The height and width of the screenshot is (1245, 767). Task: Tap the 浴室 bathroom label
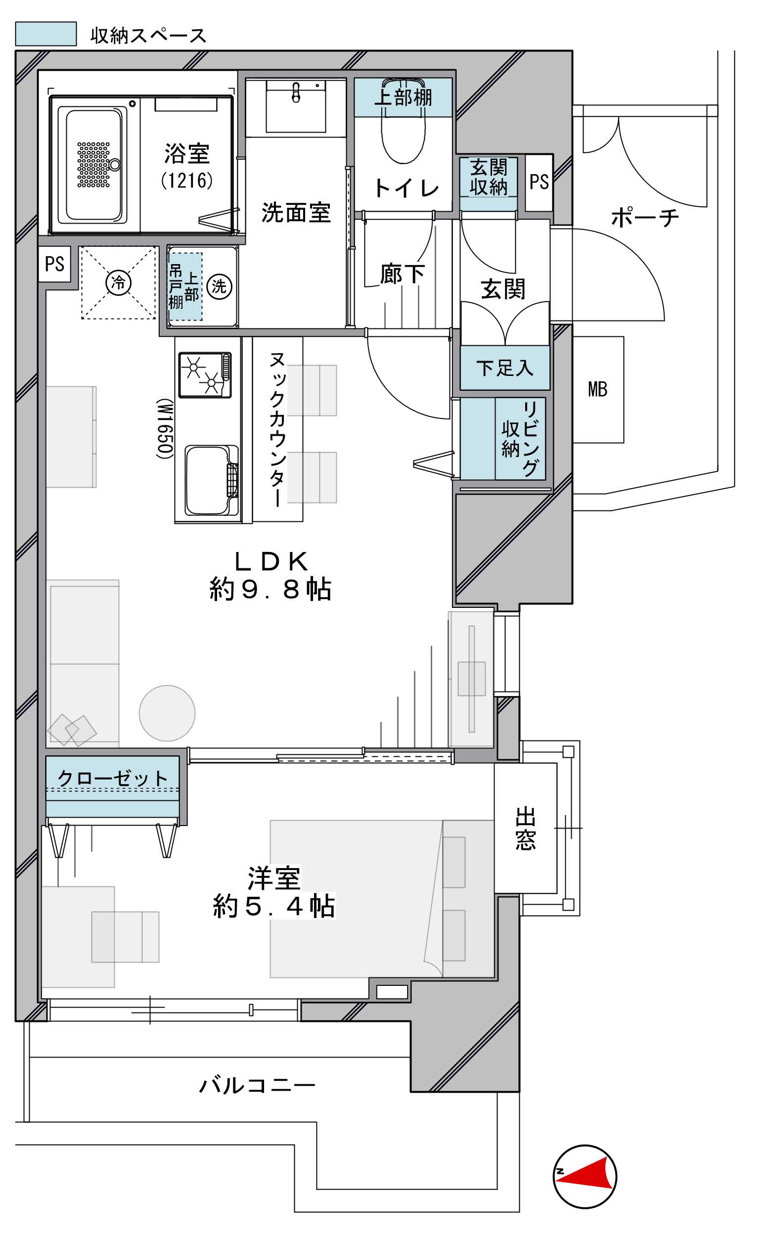(x=186, y=153)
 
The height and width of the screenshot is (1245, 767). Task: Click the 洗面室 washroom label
(x=296, y=212)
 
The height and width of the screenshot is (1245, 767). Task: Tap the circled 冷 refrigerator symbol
(x=118, y=282)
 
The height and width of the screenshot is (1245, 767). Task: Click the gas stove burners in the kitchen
(x=205, y=375)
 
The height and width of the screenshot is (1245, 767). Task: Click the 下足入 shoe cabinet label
(x=505, y=368)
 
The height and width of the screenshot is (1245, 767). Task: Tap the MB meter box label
(x=597, y=389)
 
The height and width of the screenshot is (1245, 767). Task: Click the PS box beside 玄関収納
(x=539, y=182)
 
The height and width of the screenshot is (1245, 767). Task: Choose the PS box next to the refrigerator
(x=54, y=264)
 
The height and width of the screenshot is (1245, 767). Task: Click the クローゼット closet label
(x=112, y=778)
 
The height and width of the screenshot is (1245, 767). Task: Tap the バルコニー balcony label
(x=257, y=1085)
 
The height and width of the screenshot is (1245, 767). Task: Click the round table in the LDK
(x=168, y=713)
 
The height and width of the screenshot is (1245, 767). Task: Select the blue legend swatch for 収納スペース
(x=45, y=34)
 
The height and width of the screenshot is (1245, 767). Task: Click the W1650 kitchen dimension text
(x=165, y=428)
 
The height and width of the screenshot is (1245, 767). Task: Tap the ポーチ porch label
(x=644, y=217)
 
